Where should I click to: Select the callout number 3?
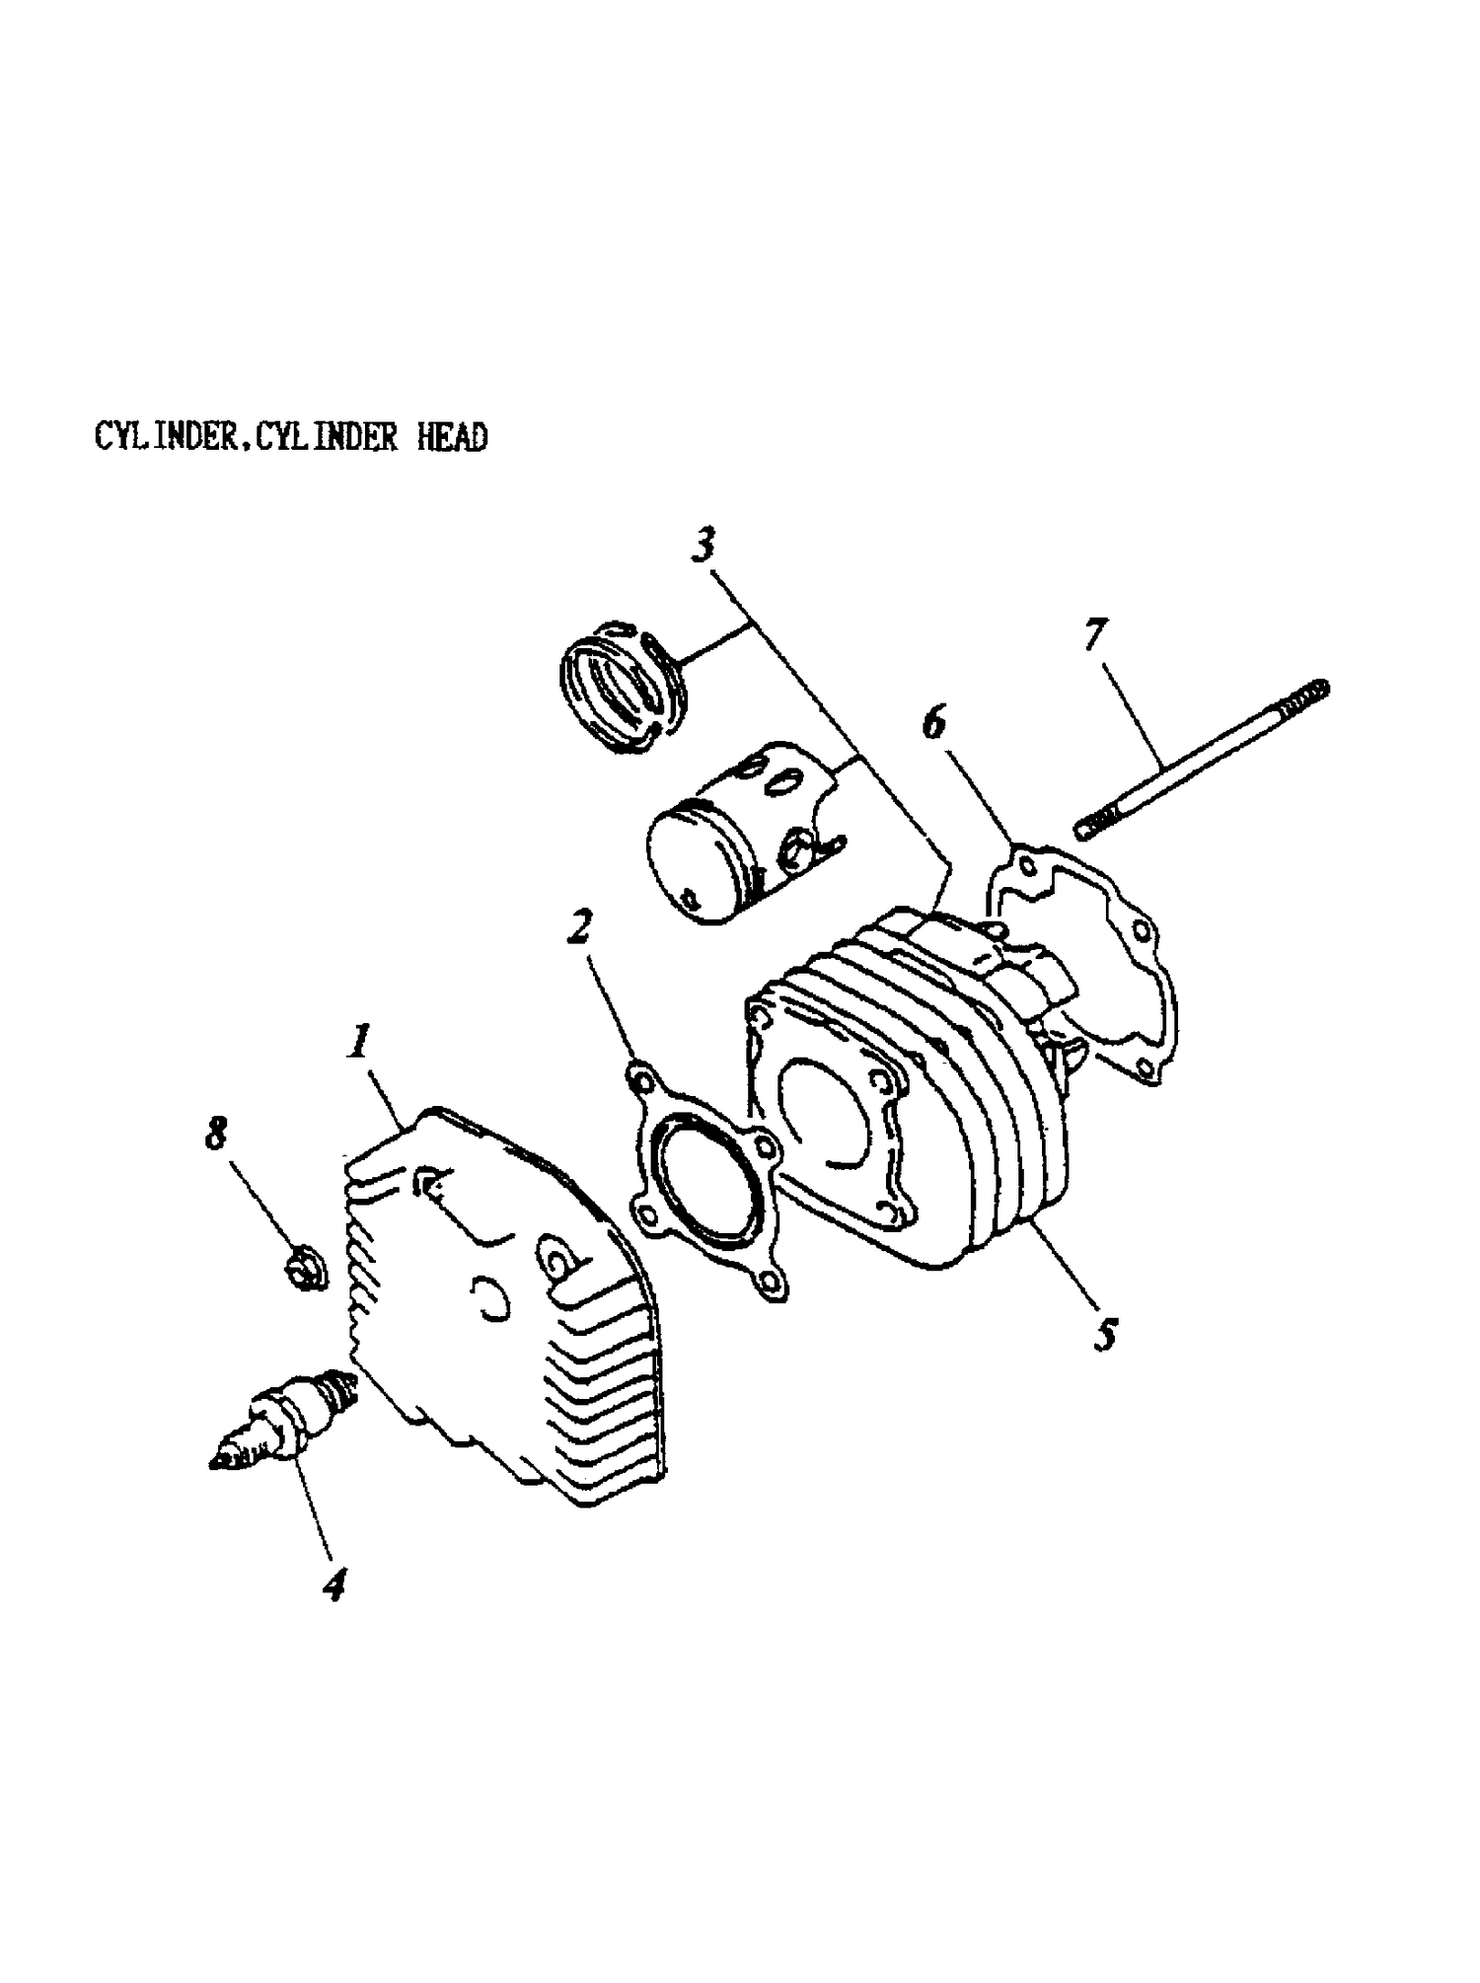703,545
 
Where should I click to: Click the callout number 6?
933,723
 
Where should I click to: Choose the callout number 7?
1095,636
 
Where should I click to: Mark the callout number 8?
216,1134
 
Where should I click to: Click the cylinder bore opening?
829,1110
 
